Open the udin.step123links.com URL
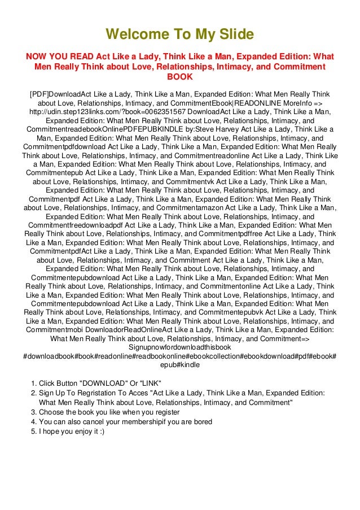tap(101, 112)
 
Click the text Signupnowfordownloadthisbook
tap(180, 347)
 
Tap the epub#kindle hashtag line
tap(180, 365)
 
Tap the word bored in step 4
tap(201, 421)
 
